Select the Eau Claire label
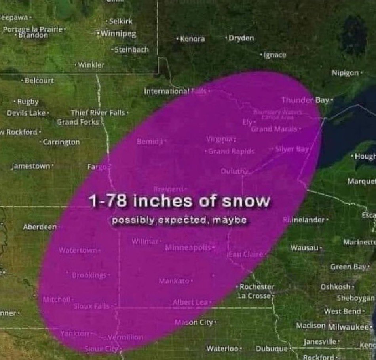point(247,254)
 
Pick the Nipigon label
point(346,73)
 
